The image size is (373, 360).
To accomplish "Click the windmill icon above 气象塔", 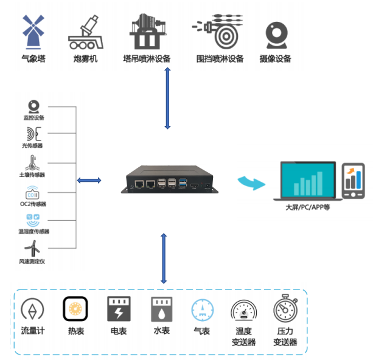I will pos(34,32).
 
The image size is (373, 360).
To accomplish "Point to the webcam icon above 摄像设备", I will pos(276,36).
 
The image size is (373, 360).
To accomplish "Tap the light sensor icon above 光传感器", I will pos(32,134).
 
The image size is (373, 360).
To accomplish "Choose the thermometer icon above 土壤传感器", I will pos(30,162).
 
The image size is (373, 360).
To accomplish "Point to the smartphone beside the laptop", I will pos(353,181).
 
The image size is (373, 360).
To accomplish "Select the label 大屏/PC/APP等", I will pos(308,207).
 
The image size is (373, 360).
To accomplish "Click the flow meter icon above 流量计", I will pos(32,310).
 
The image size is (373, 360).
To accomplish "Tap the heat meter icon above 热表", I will pos(75,310).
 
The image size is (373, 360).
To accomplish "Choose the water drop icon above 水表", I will pos(161,310).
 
